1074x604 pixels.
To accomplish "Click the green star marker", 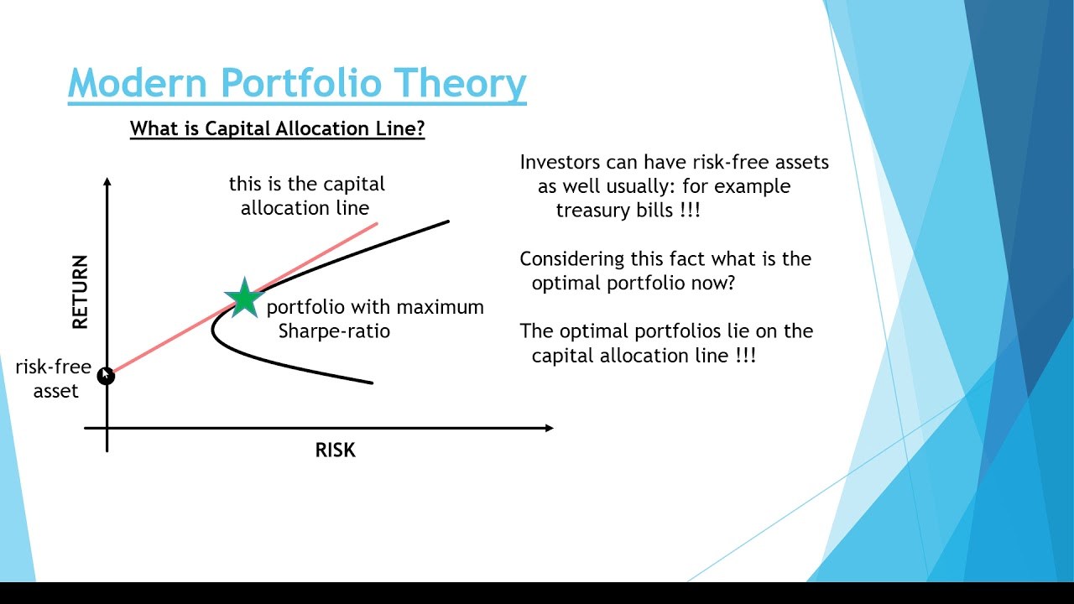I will [x=244, y=298].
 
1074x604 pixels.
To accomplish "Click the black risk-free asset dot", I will [x=106, y=376].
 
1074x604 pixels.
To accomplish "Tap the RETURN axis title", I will [x=80, y=292].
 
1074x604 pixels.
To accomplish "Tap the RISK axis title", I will [x=335, y=450].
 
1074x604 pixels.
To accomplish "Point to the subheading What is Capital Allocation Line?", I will [x=277, y=129].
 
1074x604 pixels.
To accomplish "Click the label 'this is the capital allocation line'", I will [x=306, y=195].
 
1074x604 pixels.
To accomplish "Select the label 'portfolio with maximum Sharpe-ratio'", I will [x=374, y=319].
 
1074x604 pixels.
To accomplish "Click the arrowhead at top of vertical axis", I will [x=107, y=182].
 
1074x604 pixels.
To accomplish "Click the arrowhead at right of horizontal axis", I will [x=549, y=428].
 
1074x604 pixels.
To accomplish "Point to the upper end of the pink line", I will [x=376, y=224].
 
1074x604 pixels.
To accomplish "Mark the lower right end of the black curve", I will [x=371, y=383].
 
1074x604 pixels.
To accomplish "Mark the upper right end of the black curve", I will [x=447, y=222].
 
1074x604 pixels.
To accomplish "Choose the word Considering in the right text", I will [x=571, y=258].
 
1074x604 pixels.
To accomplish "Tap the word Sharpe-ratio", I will [x=334, y=331].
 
